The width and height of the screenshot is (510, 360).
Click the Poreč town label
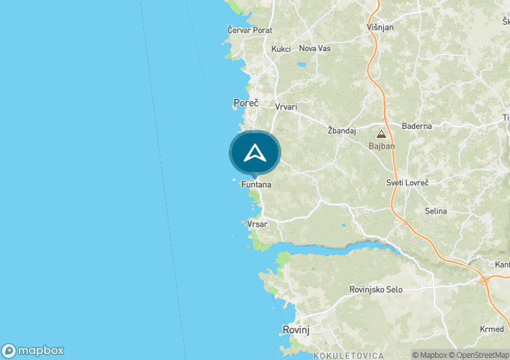point(246,103)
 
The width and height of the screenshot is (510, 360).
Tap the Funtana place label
point(256,185)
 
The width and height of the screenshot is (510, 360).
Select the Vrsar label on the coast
point(257,224)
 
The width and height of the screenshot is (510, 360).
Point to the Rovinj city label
point(296,330)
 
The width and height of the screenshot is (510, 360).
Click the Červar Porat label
point(249,30)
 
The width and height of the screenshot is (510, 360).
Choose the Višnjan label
point(380,28)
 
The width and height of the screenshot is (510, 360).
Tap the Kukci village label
point(280,49)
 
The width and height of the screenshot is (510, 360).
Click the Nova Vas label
point(315,48)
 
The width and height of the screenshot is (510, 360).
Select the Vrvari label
point(286,107)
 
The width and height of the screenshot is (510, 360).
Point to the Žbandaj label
point(342,130)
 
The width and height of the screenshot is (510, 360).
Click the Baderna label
point(416,126)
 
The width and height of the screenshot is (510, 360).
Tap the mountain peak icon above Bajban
point(381,134)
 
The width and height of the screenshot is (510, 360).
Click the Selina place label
point(436,211)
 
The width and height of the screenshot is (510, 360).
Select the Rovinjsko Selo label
point(376,289)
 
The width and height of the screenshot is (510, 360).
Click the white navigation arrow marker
point(254,153)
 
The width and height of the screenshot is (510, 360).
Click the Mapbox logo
point(34,350)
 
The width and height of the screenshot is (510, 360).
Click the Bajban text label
point(381,146)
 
